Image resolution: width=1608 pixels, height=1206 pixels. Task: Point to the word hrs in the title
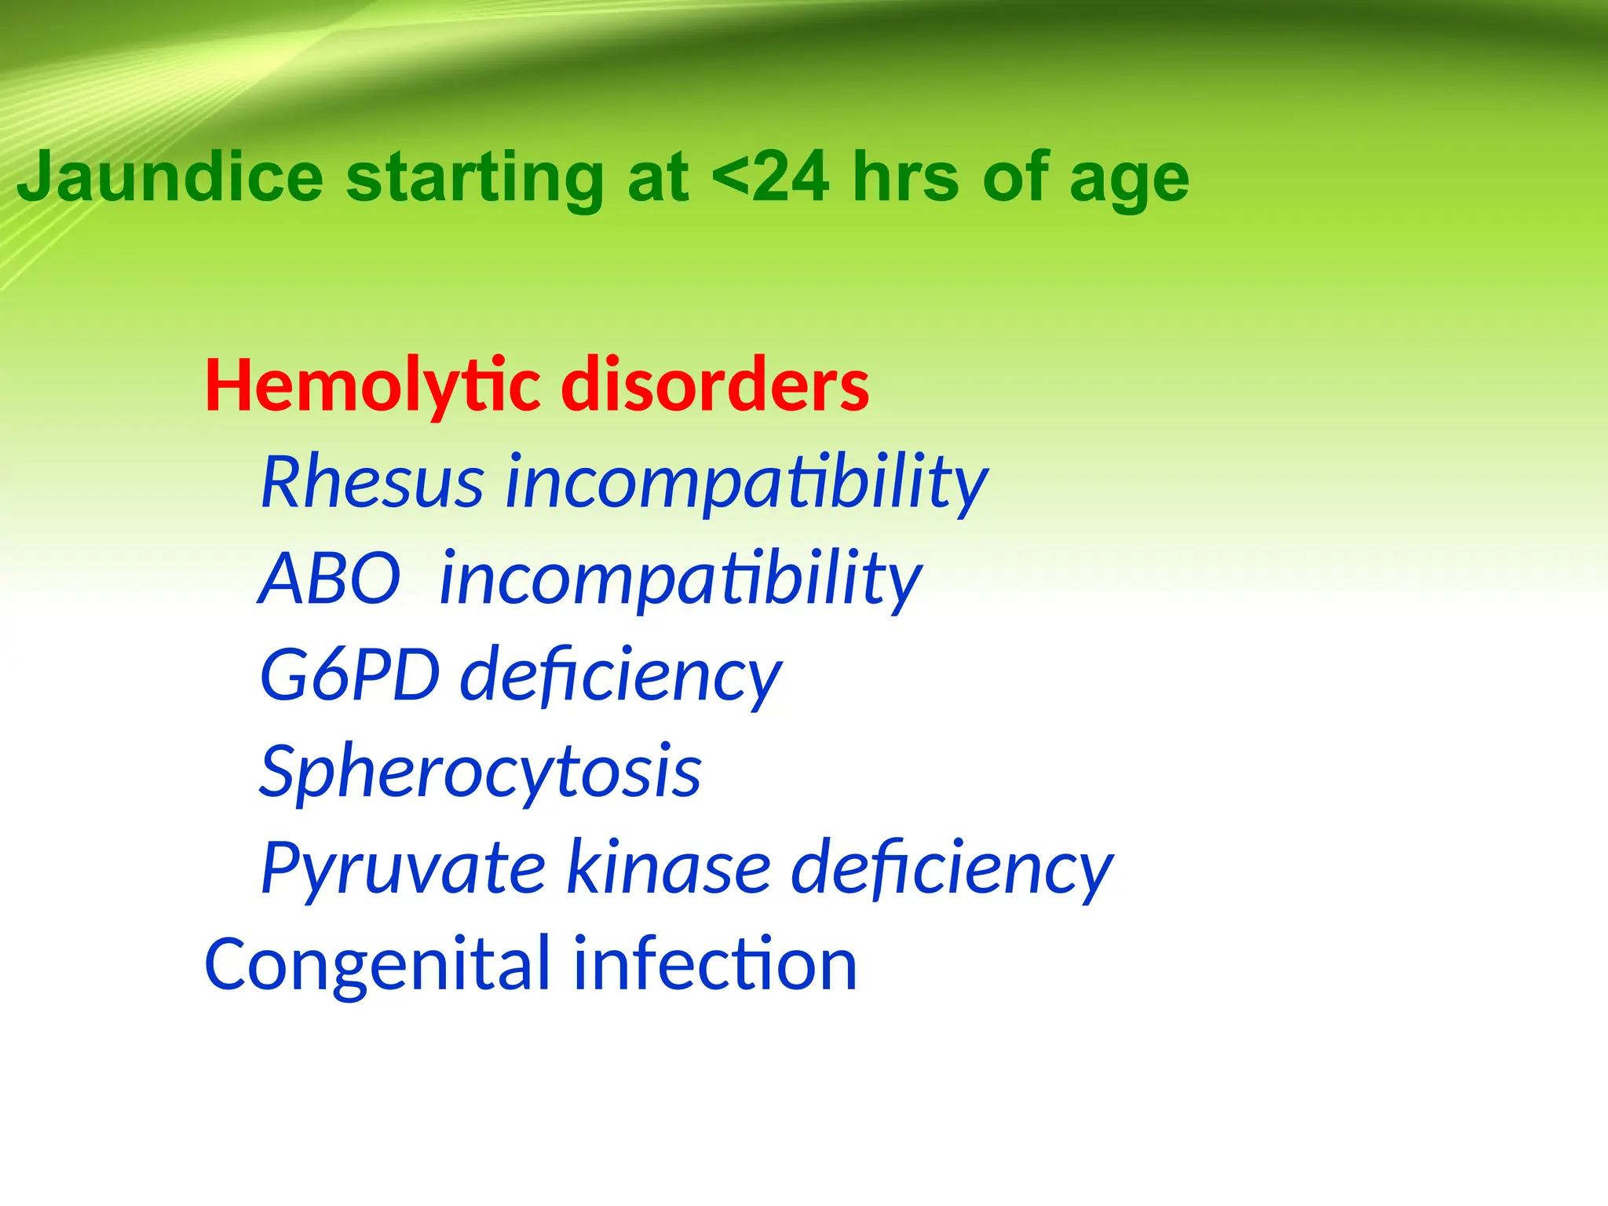(x=906, y=177)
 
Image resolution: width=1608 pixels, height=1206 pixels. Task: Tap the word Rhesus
(x=372, y=482)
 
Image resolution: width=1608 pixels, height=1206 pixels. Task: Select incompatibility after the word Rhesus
(x=747, y=482)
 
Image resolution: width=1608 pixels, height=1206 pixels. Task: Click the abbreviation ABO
(x=330, y=579)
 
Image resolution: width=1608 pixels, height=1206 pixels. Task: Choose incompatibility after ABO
(x=681, y=579)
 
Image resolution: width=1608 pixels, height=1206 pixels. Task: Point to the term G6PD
(x=349, y=675)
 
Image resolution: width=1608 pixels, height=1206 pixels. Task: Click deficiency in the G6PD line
(x=621, y=675)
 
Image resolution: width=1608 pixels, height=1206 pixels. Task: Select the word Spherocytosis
(x=481, y=772)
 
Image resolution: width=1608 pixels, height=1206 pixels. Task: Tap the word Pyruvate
(x=403, y=868)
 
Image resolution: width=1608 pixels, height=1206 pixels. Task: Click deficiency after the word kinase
(x=952, y=868)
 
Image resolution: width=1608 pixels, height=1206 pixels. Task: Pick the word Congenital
(x=378, y=965)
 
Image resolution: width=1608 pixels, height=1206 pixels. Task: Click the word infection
(x=715, y=965)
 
